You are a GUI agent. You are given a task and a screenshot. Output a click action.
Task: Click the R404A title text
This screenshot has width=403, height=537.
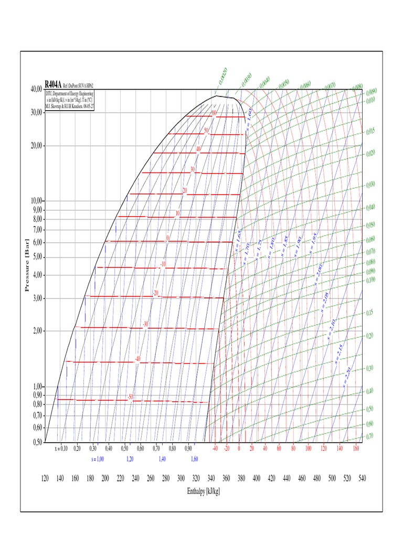click(x=53, y=84)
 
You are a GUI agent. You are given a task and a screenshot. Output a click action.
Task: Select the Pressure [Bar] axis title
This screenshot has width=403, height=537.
click(x=28, y=265)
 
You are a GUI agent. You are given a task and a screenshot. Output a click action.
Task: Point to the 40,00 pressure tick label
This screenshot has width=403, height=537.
click(x=36, y=90)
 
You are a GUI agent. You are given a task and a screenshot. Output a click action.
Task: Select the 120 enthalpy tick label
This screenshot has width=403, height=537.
click(x=45, y=478)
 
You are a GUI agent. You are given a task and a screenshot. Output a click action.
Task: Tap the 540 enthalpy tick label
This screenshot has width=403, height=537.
click(x=362, y=478)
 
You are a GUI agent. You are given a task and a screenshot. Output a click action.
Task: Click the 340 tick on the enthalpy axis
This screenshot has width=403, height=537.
click(x=211, y=478)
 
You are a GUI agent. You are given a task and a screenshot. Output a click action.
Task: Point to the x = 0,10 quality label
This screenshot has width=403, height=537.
click(x=61, y=449)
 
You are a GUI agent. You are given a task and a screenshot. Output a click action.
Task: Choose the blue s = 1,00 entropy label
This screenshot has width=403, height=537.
click(x=97, y=459)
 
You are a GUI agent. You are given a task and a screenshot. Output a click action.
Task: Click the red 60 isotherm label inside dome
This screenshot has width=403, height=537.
click(x=214, y=113)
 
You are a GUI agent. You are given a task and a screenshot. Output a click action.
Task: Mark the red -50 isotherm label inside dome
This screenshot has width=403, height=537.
click(x=130, y=397)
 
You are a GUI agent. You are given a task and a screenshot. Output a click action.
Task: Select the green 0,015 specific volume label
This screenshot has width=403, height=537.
click(x=371, y=131)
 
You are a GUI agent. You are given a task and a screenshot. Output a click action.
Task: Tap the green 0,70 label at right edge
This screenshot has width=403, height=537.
click(x=370, y=436)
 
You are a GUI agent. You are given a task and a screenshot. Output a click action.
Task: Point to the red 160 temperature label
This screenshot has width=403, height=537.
click(x=355, y=449)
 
